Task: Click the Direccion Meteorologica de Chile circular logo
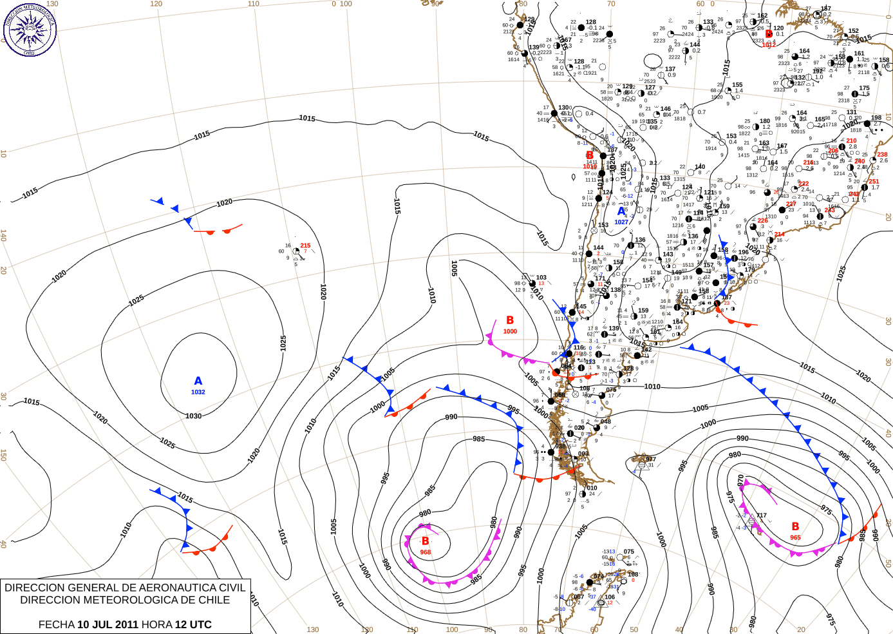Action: (x=29, y=29)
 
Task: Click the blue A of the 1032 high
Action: (x=198, y=381)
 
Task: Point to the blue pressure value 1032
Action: (x=198, y=392)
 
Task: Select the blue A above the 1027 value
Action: (x=621, y=211)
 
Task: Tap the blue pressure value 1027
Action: (x=621, y=222)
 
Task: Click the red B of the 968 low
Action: (x=425, y=541)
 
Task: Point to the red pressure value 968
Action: (x=426, y=552)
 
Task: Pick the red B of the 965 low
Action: (x=795, y=526)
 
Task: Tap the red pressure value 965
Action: (x=796, y=537)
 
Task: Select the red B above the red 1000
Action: (x=510, y=320)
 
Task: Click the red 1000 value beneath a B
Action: (x=510, y=331)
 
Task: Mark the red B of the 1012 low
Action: (x=769, y=34)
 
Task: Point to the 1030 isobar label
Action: (x=193, y=416)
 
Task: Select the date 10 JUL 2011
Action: (x=108, y=624)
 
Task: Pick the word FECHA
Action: (x=57, y=624)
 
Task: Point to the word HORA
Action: (x=157, y=624)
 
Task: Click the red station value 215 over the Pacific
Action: (x=305, y=245)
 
